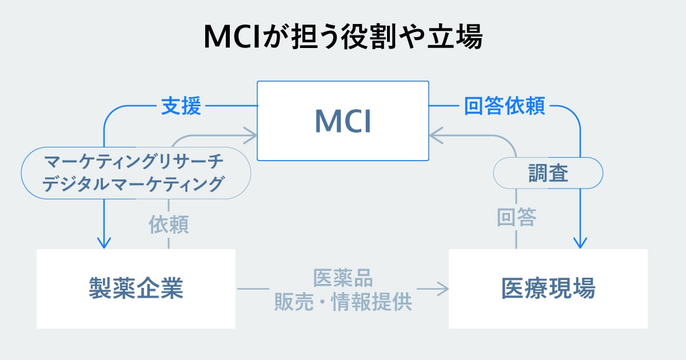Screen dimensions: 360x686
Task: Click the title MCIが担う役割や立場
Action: coord(343,38)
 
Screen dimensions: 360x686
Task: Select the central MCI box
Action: coord(343,121)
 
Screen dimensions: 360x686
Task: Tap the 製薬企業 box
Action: coord(136,289)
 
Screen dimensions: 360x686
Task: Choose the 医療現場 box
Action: coord(548,289)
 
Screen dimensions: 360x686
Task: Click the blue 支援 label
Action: coord(181,106)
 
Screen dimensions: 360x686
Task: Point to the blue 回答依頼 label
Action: coord(504,106)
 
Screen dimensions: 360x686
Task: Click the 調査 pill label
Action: coord(548,173)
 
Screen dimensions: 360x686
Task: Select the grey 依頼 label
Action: coord(169,225)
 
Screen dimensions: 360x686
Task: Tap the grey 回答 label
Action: coord(516,218)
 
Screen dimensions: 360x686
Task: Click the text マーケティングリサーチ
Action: coord(135,163)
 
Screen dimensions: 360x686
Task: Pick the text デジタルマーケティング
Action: coord(135,185)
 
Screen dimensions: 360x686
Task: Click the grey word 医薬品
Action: coord(343,278)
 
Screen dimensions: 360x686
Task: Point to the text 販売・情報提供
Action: coord(343,301)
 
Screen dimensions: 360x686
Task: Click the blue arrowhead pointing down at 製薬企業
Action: coord(103,242)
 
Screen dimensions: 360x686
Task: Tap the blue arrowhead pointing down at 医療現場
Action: coord(580,242)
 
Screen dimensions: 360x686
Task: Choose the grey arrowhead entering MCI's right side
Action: coord(435,135)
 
